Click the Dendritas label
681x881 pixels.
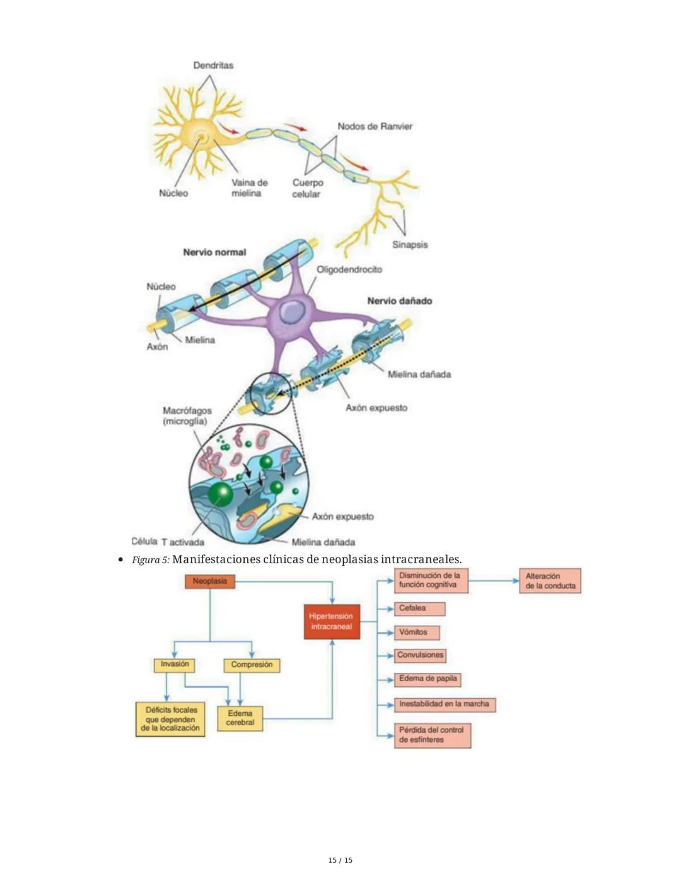point(212,65)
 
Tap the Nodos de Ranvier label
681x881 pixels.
point(375,126)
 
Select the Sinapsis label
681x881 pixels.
point(410,244)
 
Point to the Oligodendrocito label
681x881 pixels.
point(349,269)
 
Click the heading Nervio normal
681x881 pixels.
point(214,252)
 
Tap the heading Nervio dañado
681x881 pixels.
point(400,301)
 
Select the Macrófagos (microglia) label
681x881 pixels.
point(187,416)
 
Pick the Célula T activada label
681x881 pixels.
point(168,542)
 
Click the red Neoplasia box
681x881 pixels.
point(210,581)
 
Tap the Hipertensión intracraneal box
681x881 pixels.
point(331,622)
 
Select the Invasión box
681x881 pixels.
point(175,665)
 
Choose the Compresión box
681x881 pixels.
point(252,665)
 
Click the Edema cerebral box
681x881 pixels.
point(240,718)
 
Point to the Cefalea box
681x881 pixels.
point(420,609)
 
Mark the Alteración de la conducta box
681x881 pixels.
point(550,581)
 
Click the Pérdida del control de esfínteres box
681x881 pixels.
point(433,735)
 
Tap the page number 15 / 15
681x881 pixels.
point(340,860)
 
